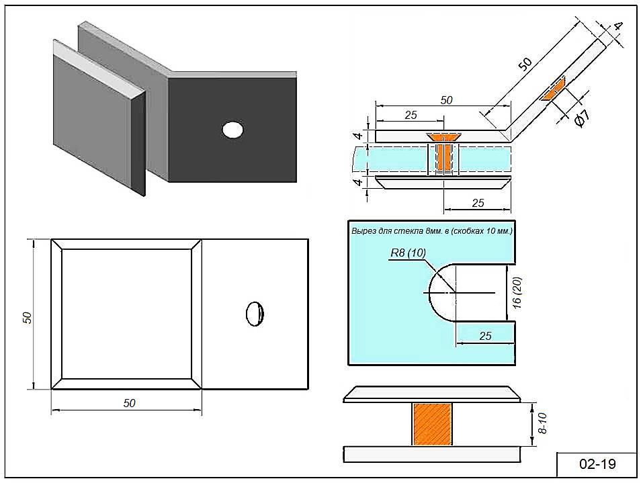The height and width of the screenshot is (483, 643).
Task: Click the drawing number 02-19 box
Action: tap(597, 464)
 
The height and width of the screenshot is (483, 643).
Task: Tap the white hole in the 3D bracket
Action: tap(232, 129)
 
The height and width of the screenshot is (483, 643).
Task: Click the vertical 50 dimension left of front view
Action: tap(28, 317)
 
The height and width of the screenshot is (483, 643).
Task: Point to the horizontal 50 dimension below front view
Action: tap(129, 403)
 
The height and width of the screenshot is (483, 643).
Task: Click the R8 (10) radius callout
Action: tap(408, 253)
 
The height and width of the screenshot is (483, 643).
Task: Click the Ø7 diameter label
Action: tap(582, 116)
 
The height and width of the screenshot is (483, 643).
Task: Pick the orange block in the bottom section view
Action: tap(432, 424)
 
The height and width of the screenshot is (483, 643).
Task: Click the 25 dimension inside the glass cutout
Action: tap(485, 335)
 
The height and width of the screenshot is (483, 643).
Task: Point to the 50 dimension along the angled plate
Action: tap(525, 64)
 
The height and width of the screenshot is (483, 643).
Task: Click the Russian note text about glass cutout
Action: tap(431, 230)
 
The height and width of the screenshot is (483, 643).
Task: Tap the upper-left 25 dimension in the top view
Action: tap(411, 115)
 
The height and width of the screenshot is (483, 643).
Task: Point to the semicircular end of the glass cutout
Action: tap(441, 293)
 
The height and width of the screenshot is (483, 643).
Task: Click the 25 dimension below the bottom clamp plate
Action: tap(478, 203)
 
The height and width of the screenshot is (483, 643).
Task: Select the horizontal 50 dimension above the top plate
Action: tap(446, 100)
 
